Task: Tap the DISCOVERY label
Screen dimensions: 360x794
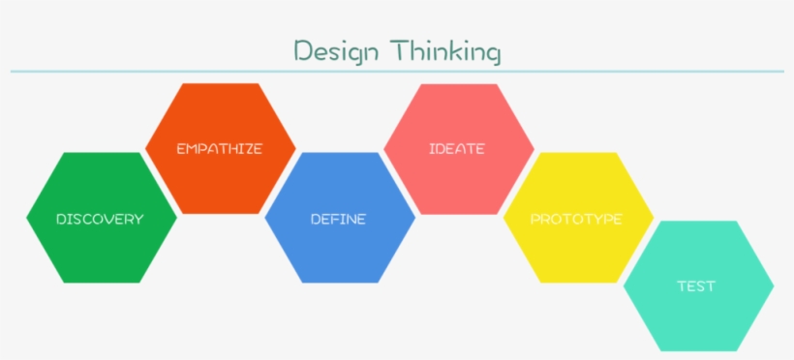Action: (x=100, y=219)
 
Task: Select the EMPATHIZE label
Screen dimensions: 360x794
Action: (x=220, y=149)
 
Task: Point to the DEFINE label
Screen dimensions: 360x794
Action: (x=338, y=219)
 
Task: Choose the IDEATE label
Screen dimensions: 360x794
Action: (x=457, y=149)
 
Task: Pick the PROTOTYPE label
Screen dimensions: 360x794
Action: (x=576, y=219)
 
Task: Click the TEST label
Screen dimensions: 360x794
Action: (x=696, y=286)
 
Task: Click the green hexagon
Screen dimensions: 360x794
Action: (x=100, y=252)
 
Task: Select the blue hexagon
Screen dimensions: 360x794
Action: (x=338, y=252)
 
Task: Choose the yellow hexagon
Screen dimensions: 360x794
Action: (x=576, y=252)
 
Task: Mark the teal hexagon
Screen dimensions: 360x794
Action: (x=696, y=319)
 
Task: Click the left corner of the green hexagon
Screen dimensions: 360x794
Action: (x=28, y=218)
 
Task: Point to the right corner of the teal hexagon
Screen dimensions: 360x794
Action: (x=773, y=286)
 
